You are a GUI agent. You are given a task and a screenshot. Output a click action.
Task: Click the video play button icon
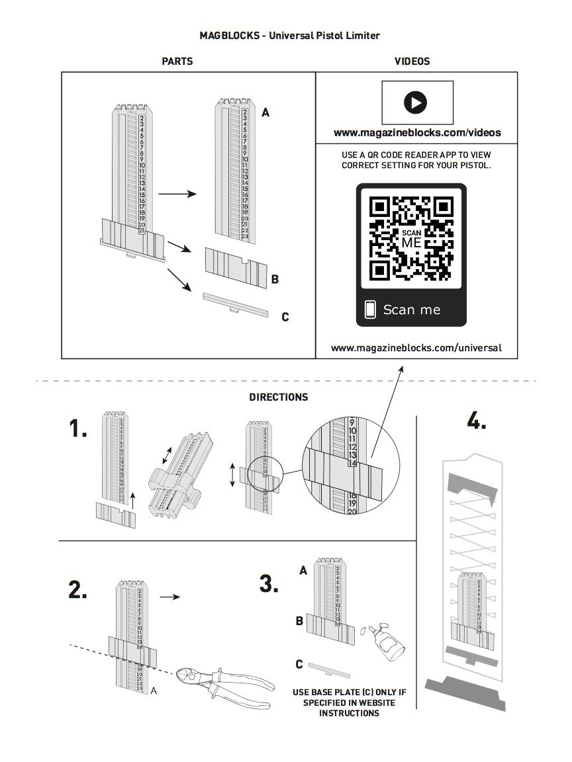(x=417, y=103)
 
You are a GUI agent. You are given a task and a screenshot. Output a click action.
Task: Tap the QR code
(x=411, y=237)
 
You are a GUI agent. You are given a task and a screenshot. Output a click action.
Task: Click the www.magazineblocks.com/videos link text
(x=417, y=133)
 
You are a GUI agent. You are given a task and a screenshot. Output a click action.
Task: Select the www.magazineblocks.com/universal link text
(x=416, y=347)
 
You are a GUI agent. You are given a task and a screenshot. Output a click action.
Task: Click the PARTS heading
(x=177, y=62)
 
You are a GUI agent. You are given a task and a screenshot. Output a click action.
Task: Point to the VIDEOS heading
(x=412, y=62)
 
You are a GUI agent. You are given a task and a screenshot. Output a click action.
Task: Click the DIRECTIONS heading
(x=279, y=398)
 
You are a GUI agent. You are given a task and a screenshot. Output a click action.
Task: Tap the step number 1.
(x=78, y=429)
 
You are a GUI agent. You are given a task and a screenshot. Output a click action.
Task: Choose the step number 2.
(x=78, y=590)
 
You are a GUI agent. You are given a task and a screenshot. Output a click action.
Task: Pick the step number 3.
(x=269, y=584)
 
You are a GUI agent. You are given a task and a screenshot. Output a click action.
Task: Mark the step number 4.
(x=477, y=421)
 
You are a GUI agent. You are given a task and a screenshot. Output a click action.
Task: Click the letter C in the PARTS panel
(x=285, y=317)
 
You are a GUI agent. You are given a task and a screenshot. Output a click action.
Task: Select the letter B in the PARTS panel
(x=275, y=279)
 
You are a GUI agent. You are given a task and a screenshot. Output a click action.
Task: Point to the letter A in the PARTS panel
(x=265, y=113)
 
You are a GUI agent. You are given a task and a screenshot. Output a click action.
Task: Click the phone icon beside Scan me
(x=371, y=309)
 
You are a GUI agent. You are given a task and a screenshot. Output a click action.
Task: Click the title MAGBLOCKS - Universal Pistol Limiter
(x=290, y=35)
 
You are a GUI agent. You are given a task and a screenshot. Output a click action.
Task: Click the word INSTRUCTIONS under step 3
(x=349, y=713)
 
